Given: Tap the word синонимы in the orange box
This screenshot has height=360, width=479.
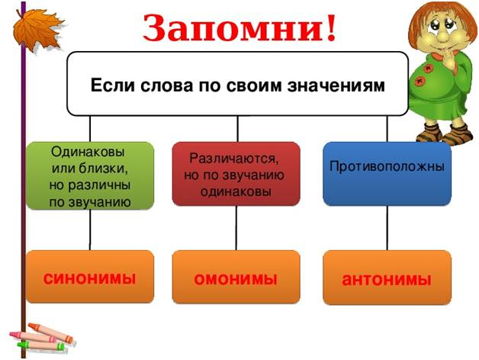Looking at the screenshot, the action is pos(89,278).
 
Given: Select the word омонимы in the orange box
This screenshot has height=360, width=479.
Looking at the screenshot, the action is pos(236,279).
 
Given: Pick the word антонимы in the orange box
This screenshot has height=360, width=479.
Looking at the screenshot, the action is pos(387,280).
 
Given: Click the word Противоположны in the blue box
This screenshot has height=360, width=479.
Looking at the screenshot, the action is pos(387,166).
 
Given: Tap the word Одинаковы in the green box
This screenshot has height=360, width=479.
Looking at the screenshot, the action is pos(88,152).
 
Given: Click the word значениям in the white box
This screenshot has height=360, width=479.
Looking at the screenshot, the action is pos(336,86).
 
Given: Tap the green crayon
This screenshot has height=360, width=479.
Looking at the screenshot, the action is pos(41,346).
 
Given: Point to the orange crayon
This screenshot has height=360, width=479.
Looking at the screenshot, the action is pos(51,332).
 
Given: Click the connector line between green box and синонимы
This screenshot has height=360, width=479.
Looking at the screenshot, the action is pos(90,230).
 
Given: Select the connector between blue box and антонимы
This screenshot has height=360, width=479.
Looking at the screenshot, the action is pos(387,228).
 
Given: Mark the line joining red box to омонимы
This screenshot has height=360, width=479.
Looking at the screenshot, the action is pos(236,228).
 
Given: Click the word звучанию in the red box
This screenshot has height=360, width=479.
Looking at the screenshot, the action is pos(253,175).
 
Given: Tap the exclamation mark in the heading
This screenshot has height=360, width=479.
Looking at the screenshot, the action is pos(331,27).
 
